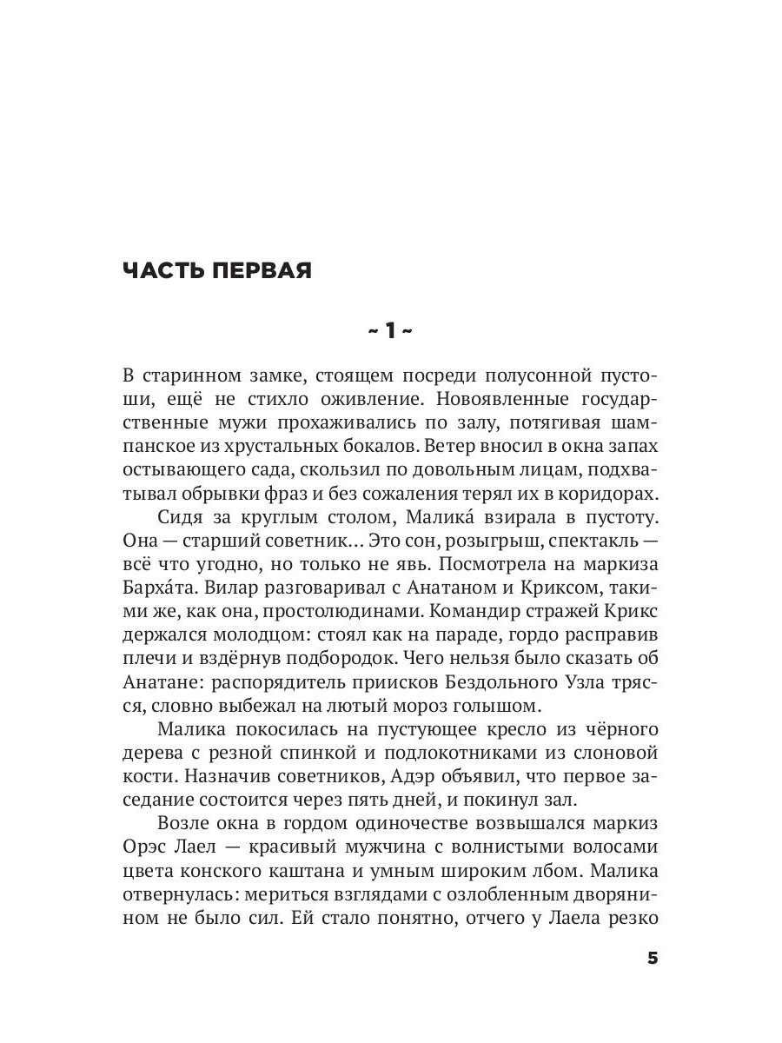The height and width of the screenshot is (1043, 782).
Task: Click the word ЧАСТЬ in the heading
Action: (x=162, y=271)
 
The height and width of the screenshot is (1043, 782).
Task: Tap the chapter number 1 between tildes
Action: (x=391, y=330)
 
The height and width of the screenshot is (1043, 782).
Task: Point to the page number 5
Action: (x=653, y=959)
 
